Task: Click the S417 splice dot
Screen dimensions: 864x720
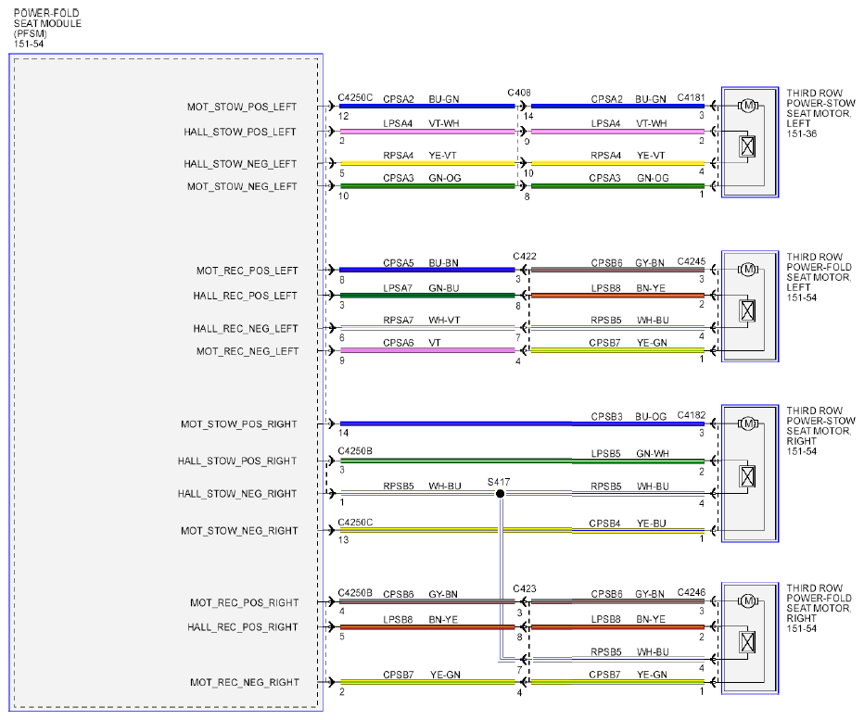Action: (500, 494)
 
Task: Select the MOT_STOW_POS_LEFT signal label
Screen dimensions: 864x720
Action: (242, 107)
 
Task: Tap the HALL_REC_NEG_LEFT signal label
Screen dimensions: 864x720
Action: (246, 329)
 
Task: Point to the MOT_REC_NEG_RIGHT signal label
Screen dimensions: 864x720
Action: (244, 683)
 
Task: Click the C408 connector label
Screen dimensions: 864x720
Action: (519, 93)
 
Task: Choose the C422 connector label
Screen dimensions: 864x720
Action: (525, 256)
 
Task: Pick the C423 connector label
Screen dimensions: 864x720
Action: (525, 589)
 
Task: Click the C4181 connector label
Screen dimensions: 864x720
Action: (691, 97)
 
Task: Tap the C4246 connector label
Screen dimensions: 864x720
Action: (691, 592)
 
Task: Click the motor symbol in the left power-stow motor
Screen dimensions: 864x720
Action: (748, 106)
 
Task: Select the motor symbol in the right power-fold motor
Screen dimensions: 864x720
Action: (748, 601)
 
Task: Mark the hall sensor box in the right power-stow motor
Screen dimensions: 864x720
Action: (747, 476)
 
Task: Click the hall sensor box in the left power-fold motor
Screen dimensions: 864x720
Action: (747, 311)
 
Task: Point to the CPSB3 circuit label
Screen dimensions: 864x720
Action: (606, 417)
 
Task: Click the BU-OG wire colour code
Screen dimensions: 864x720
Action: (651, 417)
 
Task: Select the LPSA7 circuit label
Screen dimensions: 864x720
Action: (398, 288)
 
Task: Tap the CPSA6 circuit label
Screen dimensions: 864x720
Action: (399, 343)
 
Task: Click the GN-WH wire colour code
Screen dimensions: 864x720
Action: (653, 454)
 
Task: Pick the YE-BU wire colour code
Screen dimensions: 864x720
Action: (652, 524)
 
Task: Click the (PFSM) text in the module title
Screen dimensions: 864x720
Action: (31, 33)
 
